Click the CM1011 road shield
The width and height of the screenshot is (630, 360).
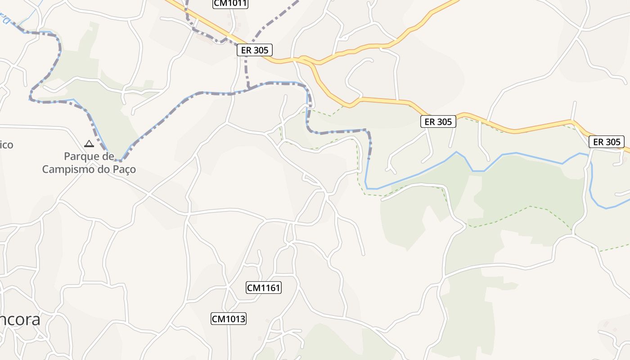[230, 4]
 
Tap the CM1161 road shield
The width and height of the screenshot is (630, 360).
[264, 288]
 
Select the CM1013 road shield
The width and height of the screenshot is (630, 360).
[229, 319]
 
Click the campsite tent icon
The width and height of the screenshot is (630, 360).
[89, 144]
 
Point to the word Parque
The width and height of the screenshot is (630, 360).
[83, 157]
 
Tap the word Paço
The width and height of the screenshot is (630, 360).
[124, 170]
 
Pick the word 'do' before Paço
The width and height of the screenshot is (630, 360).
[105, 170]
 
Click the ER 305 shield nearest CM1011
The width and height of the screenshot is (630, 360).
[255, 50]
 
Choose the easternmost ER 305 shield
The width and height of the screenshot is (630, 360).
[607, 142]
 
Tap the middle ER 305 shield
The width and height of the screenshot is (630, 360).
[438, 121]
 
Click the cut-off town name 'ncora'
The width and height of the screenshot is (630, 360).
[20, 319]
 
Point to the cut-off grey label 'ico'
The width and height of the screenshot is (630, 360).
[6, 145]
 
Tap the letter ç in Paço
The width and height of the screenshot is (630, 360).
[127, 170]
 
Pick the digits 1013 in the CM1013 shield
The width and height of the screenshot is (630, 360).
[235, 319]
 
